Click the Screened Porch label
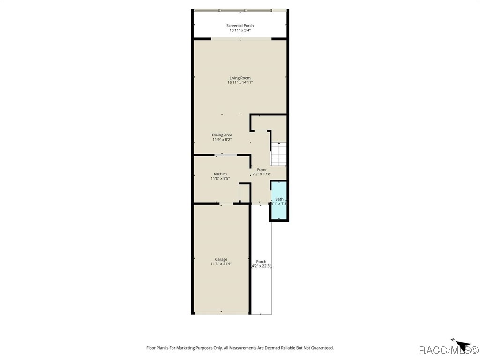pos(240,26)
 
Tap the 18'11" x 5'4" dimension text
pos(240,30)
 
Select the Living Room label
pos(240,78)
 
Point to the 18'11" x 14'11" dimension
pos(240,82)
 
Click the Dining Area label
pos(222,135)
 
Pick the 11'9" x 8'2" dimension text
pos(222,140)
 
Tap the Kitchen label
pos(220,174)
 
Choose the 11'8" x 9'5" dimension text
pos(220,179)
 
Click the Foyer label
pos(262,170)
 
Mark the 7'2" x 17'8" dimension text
pos(262,174)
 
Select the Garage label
pos(221,259)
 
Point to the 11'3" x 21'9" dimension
pos(221,264)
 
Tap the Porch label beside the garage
pos(261,262)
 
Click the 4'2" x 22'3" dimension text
pos(262,266)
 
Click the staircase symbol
pos(279,154)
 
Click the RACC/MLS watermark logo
pos(448,350)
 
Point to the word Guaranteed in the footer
pos(322,348)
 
